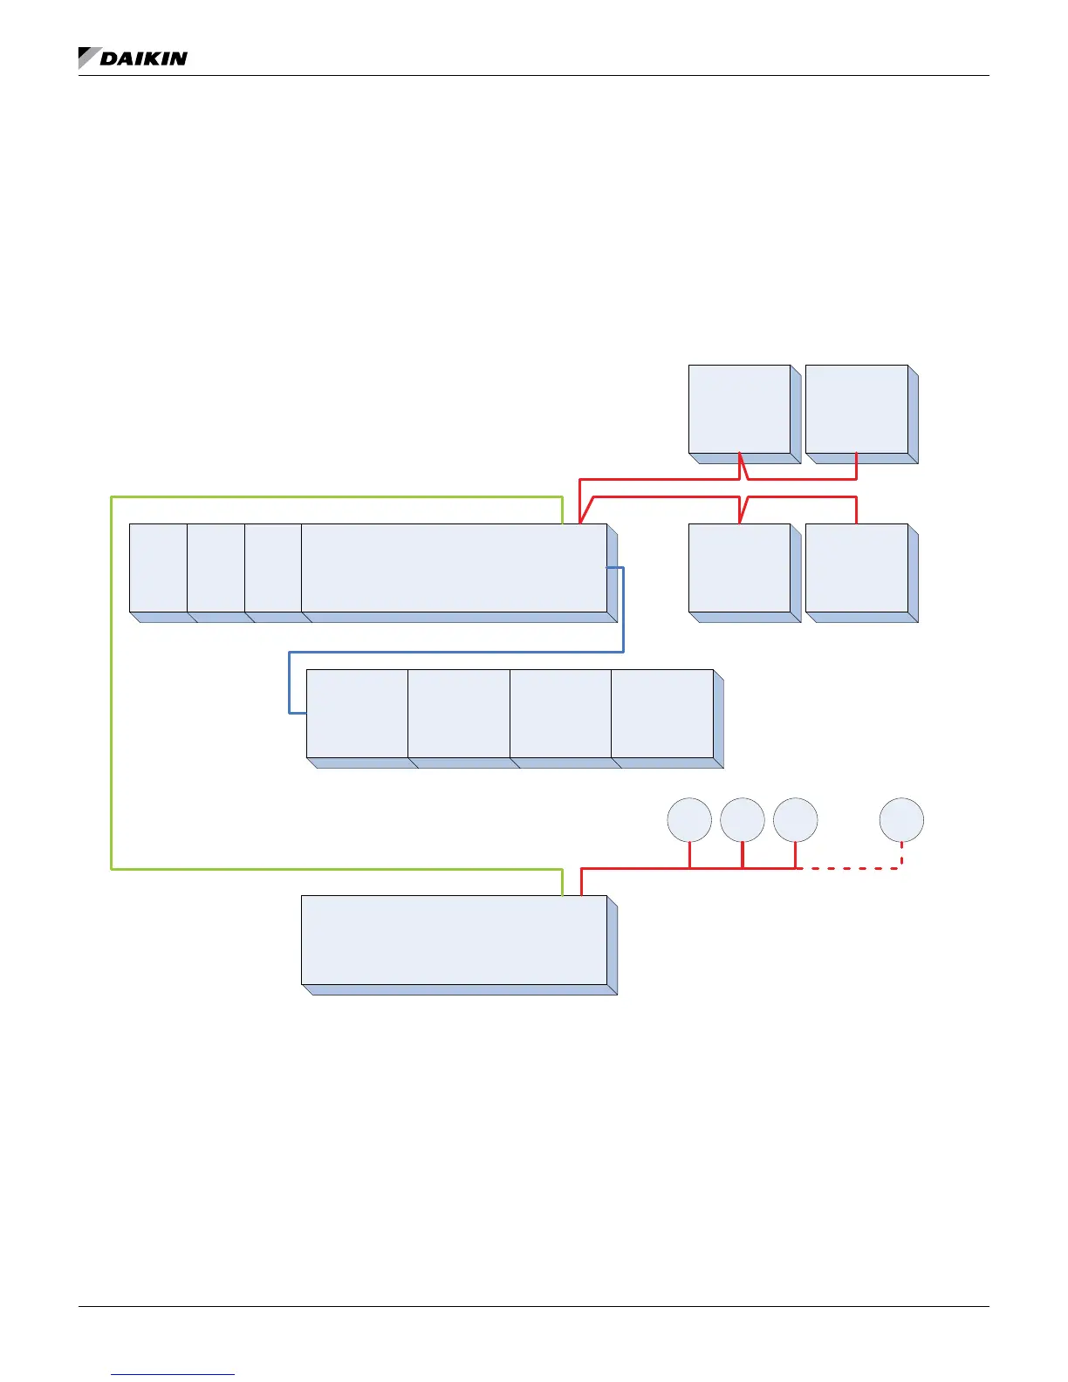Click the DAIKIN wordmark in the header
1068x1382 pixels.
coord(144,58)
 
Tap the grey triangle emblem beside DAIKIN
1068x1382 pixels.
coord(87,57)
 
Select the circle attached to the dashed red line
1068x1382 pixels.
coord(901,820)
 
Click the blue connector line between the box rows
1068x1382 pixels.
coord(454,651)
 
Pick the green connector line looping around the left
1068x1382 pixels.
coord(112,681)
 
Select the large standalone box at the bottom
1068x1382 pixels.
coord(454,940)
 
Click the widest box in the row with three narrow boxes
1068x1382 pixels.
coord(454,567)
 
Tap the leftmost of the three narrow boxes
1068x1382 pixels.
coord(158,567)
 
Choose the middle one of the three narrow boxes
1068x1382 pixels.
coord(216,567)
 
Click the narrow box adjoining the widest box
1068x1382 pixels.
coord(273,567)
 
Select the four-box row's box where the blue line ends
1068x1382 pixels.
coord(357,713)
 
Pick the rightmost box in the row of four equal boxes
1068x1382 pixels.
coord(662,713)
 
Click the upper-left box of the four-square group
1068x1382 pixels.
coord(739,408)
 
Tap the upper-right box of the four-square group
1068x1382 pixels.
coord(857,408)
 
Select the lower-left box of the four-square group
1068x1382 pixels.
coord(739,567)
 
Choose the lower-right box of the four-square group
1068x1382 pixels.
coord(857,567)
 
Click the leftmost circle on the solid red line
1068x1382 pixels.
coord(689,820)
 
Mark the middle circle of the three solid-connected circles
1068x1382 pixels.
coord(743,820)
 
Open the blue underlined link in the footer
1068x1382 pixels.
coord(173,1374)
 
